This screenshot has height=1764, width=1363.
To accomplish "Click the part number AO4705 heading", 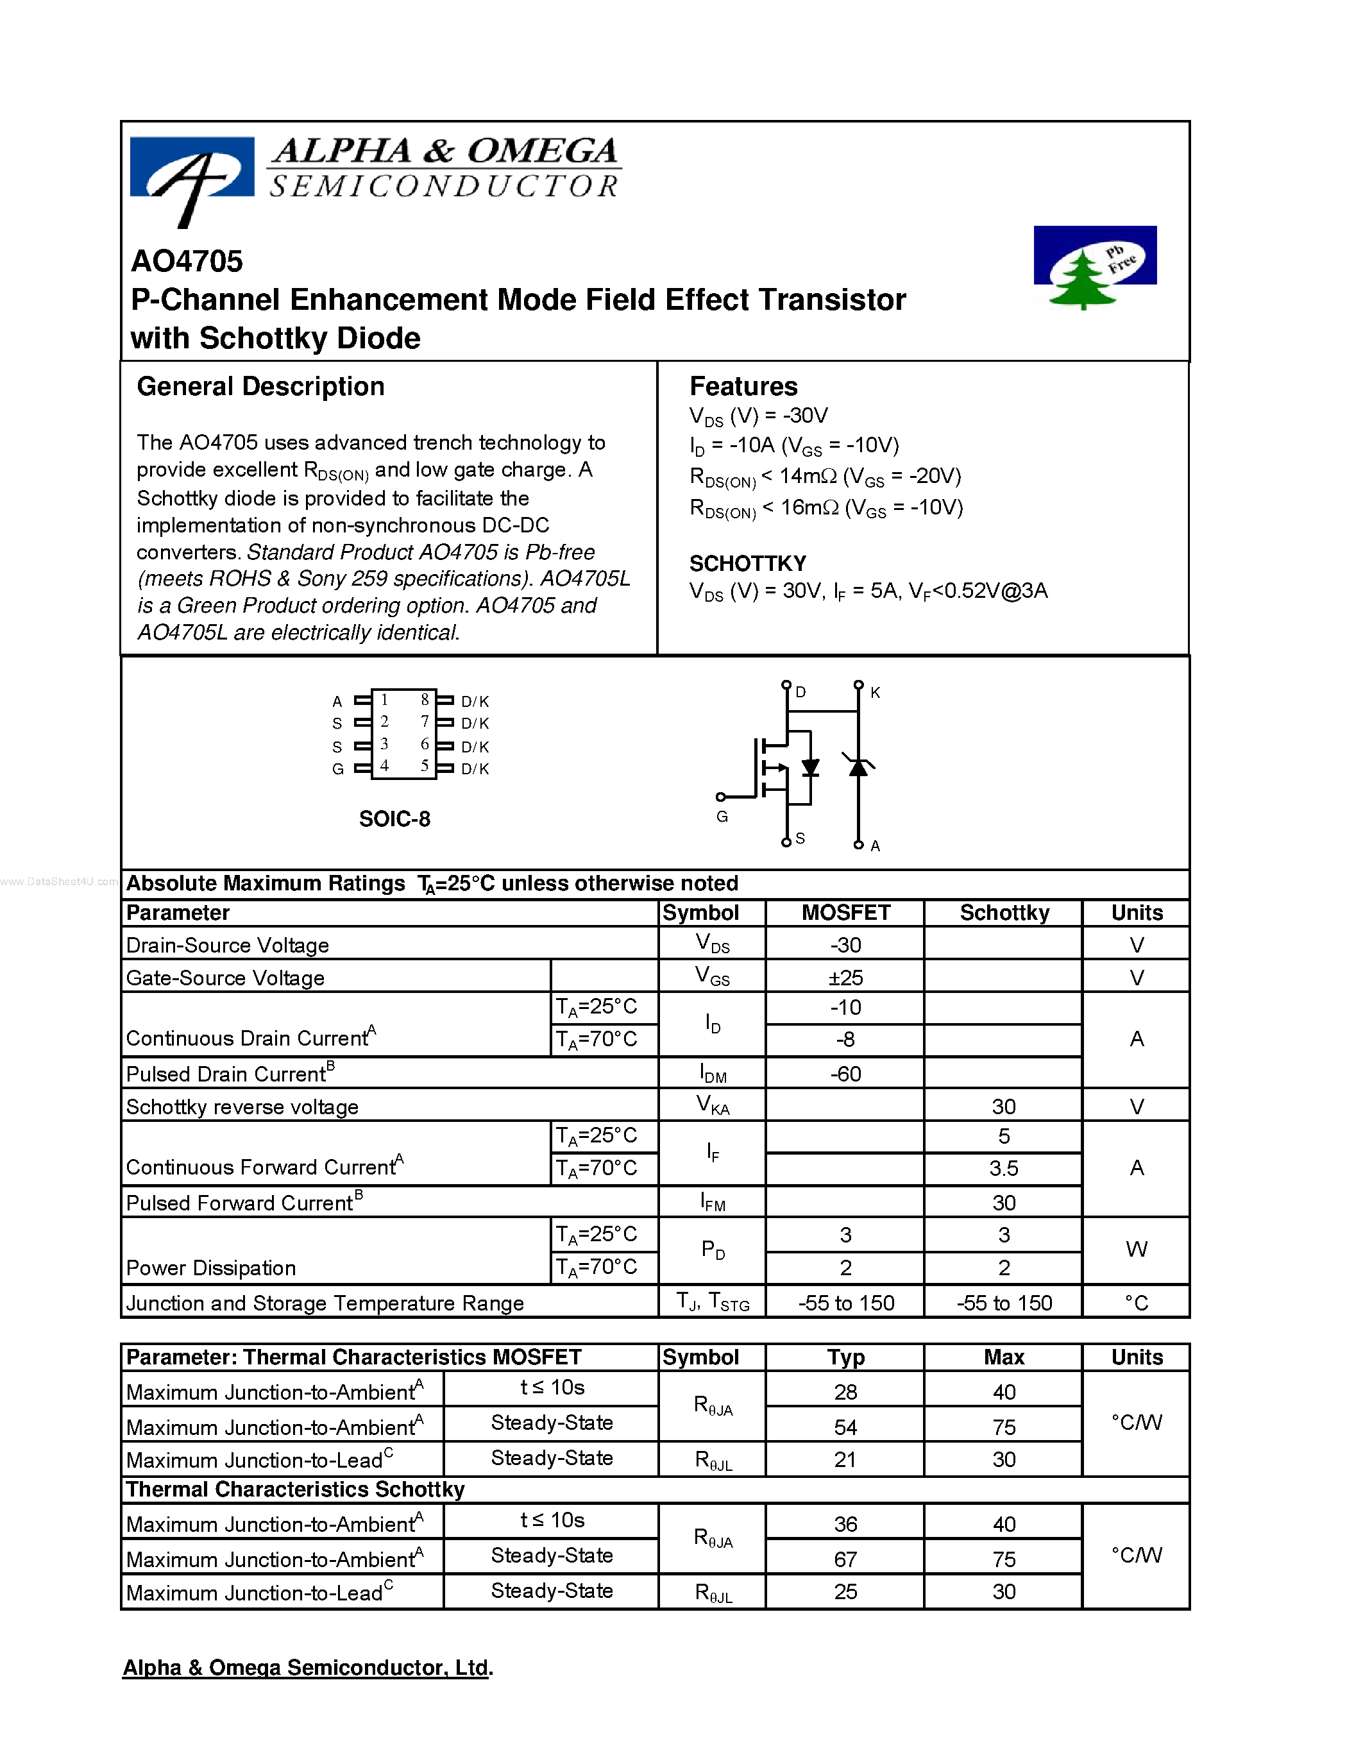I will pyautogui.click(x=187, y=261).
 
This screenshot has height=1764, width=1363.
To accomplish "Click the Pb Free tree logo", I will pyautogui.click(x=1094, y=267).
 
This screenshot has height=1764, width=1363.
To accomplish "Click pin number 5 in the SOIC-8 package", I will pyautogui.click(x=425, y=766).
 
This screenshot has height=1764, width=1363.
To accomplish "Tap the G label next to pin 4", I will pyautogui.click(x=337, y=769).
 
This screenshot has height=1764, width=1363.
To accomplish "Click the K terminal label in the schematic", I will pyautogui.click(x=876, y=692).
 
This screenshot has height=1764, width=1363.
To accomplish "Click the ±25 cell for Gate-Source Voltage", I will pyautogui.click(x=845, y=978).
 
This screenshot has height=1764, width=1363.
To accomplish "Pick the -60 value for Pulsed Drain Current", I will pyautogui.click(x=845, y=1073).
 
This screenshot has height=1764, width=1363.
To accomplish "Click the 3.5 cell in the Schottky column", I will pyautogui.click(x=1003, y=1168).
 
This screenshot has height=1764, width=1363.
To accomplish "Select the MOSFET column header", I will pyautogui.click(x=845, y=913).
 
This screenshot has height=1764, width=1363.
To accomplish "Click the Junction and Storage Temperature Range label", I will pyautogui.click(x=325, y=1303).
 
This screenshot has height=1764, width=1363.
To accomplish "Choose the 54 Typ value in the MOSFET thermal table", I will pyautogui.click(x=845, y=1427).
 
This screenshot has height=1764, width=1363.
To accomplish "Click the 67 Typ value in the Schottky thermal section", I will pyautogui.click(x=845, y=1559).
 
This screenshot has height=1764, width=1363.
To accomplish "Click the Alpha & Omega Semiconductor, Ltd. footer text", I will pyautogui.click(x=307, y=1667).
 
